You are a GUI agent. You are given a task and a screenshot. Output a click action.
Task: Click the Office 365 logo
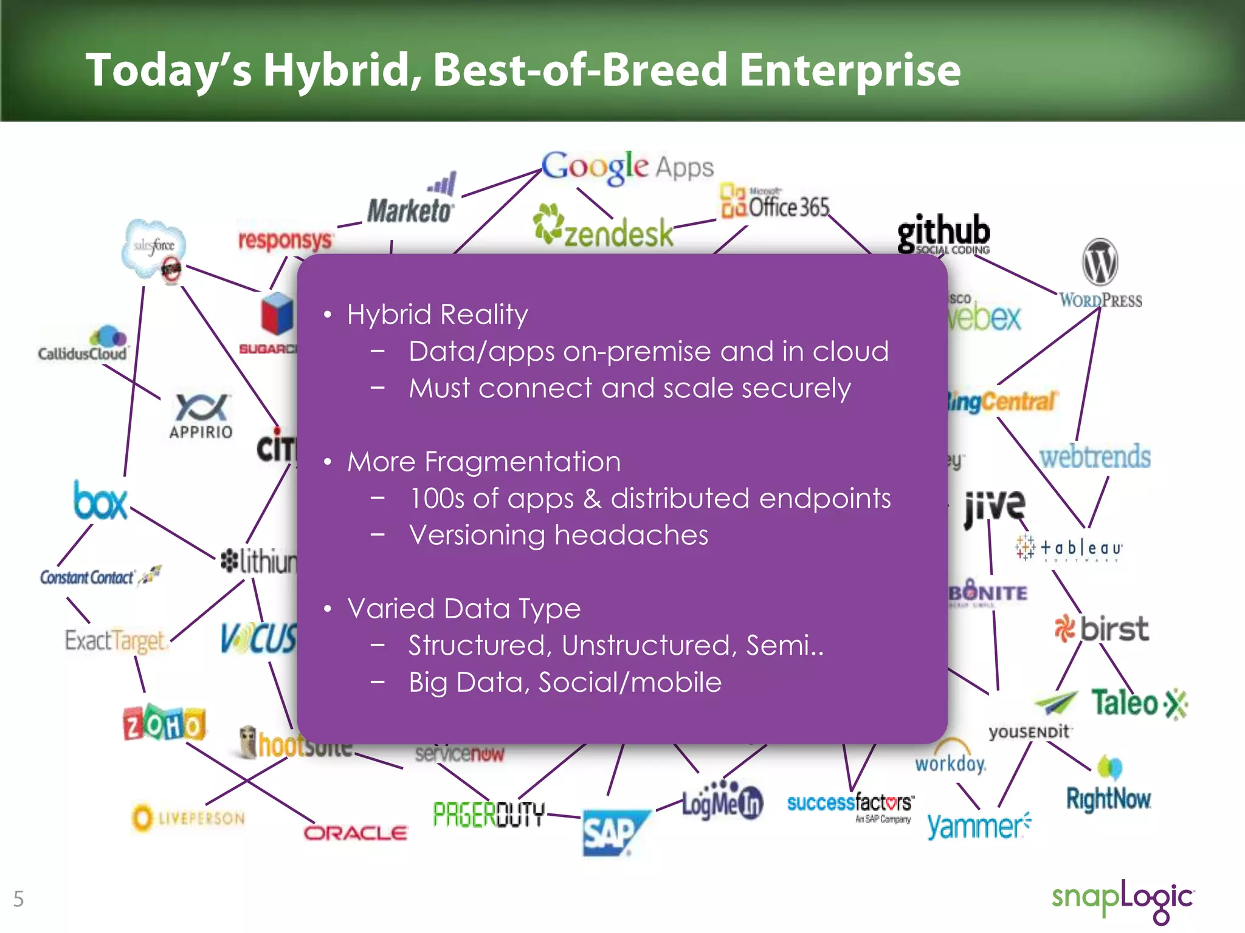pyautogui.click(x=774, y=203)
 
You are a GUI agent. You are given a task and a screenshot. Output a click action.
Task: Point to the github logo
pyautogui.click(x=943, y=233)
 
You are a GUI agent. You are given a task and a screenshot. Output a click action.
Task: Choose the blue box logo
pyautogui.click(x=100, y=502)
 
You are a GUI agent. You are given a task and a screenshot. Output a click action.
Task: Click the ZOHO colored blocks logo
pyautogui.click(x=164, y=723)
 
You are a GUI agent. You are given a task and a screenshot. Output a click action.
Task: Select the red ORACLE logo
pyautogui.click(x=356, y=833)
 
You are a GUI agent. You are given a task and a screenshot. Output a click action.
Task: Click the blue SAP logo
pyautogui.click(x=613, y=832)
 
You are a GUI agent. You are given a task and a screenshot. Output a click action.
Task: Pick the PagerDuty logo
pyautogui.click(x=489, y=814)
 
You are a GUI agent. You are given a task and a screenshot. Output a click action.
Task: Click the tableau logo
pyautogui.click(x=1068, y=549)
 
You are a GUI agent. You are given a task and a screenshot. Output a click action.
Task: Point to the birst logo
pyautogui.click(x=1102, y=629)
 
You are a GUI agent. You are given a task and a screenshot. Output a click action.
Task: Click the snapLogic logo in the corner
pyautogui.click(x=1122, y=899)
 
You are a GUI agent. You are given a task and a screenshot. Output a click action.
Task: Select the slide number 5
pyautogui.click(x=18, y=899)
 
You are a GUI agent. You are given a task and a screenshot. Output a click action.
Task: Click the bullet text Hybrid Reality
pyautogui.click(x=437, y=315)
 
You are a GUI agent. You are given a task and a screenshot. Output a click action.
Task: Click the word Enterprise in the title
pyautogui.click(x=849, y=70)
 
